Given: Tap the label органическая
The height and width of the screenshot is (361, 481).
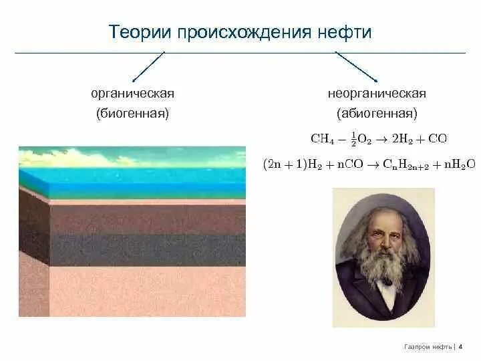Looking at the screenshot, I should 132,94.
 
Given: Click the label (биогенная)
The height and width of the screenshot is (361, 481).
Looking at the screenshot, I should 132,113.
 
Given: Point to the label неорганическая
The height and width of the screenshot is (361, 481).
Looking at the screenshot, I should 377,94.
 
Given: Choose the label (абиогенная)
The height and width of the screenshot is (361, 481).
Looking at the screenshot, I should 377,113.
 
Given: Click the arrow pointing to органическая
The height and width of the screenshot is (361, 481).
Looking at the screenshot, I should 148,68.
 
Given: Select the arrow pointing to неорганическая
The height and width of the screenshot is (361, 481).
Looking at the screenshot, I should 357,68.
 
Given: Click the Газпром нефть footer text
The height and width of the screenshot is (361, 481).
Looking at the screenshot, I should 428,347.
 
